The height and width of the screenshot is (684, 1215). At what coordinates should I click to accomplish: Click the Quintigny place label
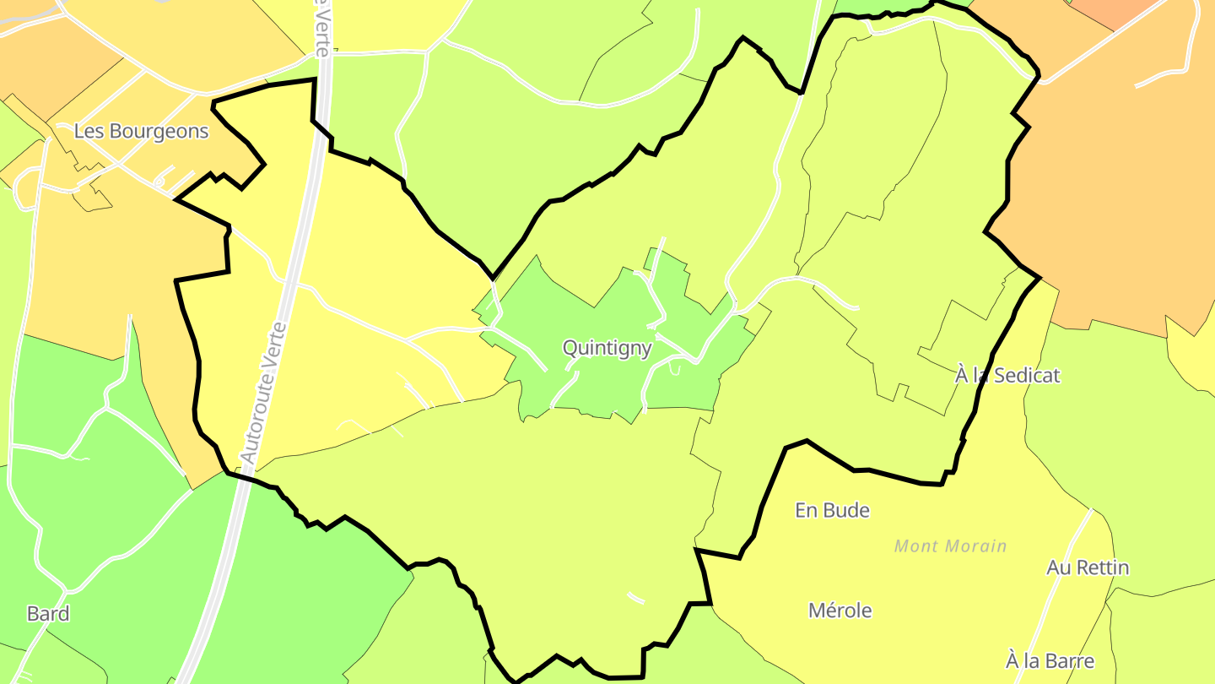click(607, 348)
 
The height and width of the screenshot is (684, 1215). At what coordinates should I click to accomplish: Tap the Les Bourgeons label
click(141, 132)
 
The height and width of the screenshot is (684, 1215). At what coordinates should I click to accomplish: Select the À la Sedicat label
click(1007, 375)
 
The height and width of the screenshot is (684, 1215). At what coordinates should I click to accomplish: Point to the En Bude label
click(832, 510)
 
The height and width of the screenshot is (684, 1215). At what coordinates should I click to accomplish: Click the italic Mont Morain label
click(951, 546)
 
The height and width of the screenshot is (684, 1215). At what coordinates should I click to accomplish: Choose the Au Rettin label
click(1088, 567)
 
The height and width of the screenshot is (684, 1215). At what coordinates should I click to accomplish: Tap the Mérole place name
click(840, 611)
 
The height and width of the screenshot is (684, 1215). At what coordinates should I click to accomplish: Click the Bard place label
click(48, 614)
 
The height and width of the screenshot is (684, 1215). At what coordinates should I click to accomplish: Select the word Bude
click(847, 510)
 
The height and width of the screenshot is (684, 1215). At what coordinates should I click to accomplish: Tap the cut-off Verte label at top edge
click(321, 25)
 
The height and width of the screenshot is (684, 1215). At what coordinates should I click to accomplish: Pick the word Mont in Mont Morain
click(913, 546)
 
